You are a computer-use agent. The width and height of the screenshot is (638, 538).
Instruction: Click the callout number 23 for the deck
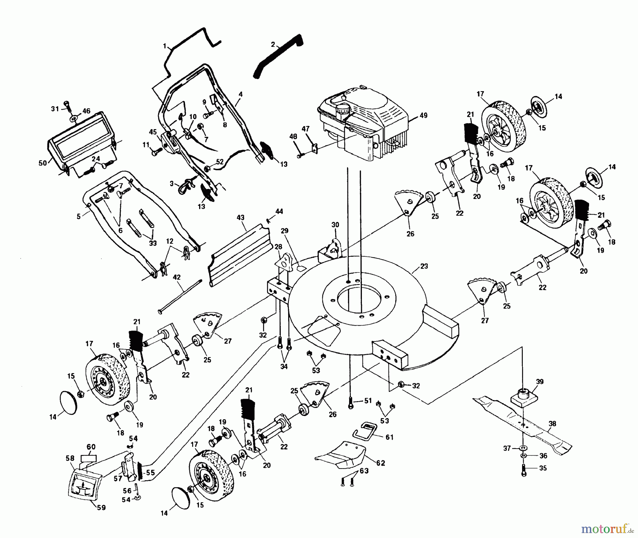424,266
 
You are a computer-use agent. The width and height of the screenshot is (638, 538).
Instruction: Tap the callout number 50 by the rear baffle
43,163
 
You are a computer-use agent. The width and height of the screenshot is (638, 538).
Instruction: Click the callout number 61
390,437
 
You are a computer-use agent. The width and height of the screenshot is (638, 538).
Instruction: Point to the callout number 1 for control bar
164,46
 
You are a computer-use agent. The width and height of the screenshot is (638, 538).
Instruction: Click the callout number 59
101,508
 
